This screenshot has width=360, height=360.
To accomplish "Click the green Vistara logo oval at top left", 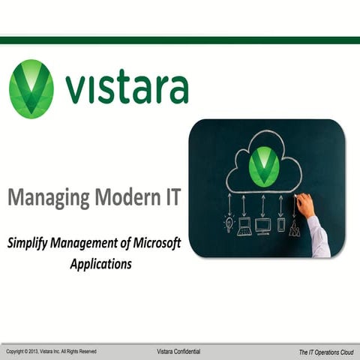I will point(31,88).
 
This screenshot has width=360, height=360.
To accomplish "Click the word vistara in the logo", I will point(126,88).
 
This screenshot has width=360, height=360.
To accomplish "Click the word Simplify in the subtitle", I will point(30,244).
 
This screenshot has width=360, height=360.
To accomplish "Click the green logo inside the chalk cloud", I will point(263,166).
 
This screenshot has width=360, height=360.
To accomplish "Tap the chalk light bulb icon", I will point(229,224).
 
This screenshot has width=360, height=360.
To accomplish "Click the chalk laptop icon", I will point(244,225).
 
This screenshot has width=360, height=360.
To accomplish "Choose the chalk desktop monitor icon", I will point(262,225).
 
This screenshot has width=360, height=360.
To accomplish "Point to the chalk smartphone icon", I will point(281,224).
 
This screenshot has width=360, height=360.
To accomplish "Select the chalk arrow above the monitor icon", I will point(262,205).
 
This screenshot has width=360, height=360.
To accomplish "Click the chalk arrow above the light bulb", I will point(229,205).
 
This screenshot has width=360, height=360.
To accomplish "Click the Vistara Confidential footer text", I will point(178,351).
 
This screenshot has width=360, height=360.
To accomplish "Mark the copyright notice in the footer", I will point(51,351).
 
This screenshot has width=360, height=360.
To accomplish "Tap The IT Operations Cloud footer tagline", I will point(325,351).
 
